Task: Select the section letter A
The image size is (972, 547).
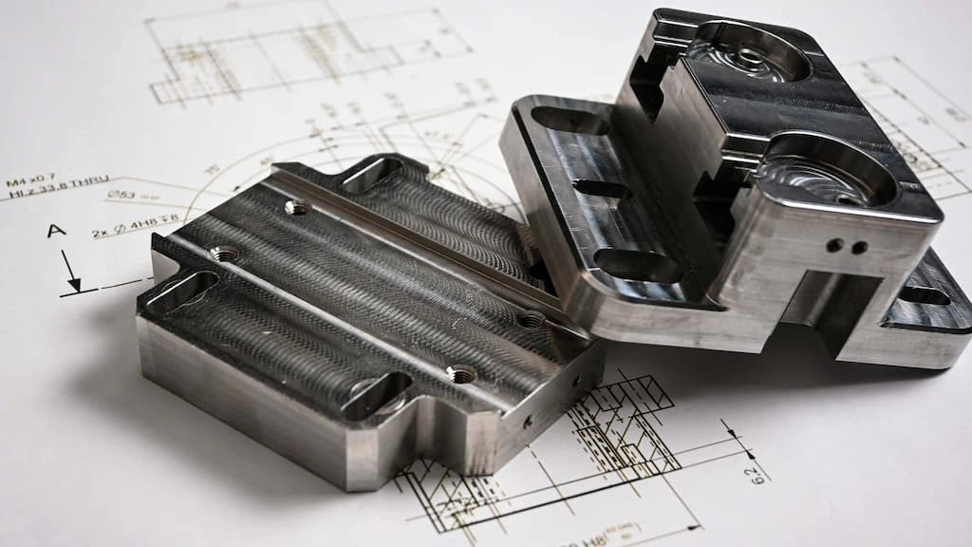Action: [x=55, y=231]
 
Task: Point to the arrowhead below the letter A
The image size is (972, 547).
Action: [x=74, y=283]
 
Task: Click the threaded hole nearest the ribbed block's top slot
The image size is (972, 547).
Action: [x=295, y=207]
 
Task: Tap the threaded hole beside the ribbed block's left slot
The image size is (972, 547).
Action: [x=224, y=254]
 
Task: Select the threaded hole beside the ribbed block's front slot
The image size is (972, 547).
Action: [x=461, y=374]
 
